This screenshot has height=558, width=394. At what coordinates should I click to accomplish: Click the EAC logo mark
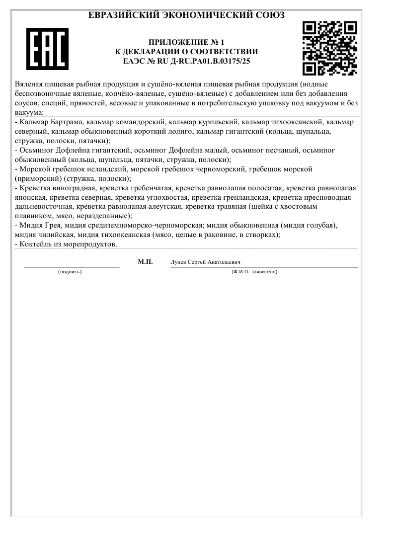click(x=47, y=49)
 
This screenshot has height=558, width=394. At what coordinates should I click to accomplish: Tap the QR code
click(x=330, y=48)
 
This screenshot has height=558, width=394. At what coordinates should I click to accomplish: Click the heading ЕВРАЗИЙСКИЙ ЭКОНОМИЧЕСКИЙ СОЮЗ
click(x=186, y=15)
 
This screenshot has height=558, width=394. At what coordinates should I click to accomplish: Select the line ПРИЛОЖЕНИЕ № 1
click(x=186, y=42)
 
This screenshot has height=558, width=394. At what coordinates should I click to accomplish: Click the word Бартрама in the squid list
click(x=66, y=122)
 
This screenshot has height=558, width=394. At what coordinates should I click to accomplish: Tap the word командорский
click(x=141, y=122)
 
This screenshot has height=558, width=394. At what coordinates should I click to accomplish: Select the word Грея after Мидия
click(x=51, y=226)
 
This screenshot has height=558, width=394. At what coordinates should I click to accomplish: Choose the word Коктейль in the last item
click(x=35, y=244)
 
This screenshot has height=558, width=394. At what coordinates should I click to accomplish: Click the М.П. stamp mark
click(x=145, y=262)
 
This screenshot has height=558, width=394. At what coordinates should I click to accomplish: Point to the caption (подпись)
click(x=70, y=272)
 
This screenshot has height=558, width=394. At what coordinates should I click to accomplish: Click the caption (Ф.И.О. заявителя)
click(x=254, y=272)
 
